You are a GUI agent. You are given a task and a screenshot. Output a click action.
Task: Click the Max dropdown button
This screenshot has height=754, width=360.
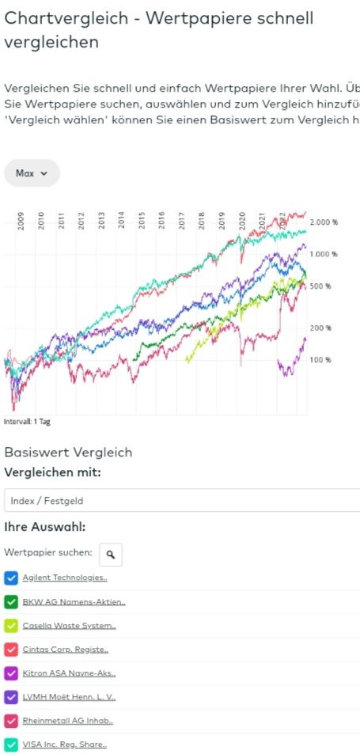pos(32,172)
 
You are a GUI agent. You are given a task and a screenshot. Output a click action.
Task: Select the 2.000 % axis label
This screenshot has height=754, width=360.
pos(324,222)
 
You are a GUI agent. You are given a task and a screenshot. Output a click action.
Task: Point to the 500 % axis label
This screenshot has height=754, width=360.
pos(320,286)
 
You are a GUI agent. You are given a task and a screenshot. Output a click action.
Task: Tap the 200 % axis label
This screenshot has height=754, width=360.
pos(320,328)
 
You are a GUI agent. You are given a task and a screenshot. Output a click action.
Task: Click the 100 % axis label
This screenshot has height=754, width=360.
pos(320,360)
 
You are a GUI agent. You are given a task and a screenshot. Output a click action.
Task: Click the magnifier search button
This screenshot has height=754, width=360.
pos(111,555)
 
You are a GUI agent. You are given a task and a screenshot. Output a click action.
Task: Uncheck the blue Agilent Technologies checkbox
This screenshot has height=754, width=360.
pos(11,578)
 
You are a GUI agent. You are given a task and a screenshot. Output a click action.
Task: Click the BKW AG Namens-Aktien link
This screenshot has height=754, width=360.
pos(74,601)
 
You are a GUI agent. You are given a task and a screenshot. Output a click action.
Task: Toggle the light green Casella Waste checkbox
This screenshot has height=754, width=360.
pos(11,625)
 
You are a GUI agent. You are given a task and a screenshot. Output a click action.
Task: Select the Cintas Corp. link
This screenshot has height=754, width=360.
pos(65,650)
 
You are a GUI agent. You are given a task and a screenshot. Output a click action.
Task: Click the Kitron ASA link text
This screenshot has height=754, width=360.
pos(69,673)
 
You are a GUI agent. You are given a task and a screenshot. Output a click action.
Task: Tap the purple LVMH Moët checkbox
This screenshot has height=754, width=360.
pos(11,697)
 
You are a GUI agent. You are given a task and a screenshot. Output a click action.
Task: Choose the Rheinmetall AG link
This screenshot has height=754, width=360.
pos(67,721)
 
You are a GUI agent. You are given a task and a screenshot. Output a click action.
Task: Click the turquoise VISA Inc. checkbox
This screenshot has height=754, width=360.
pos(11,745)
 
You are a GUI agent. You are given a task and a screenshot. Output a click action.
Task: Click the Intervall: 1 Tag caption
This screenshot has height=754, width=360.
pos(28,422)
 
